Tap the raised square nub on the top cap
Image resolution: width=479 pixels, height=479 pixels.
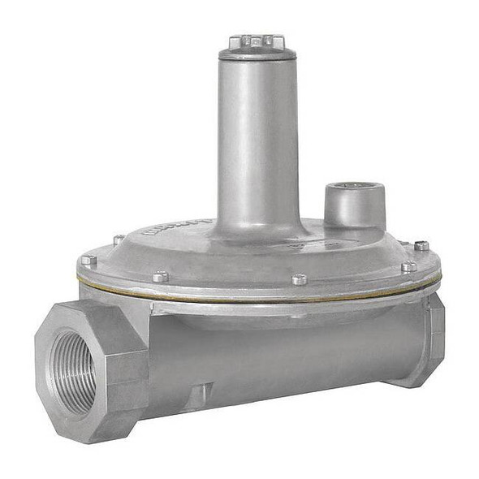[x=257, y=38]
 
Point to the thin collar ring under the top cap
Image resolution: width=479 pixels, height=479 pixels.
[x=257, y=56]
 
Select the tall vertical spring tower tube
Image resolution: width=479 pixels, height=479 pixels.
[x=257, y=138]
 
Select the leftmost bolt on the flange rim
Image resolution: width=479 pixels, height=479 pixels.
[x=88, y=261]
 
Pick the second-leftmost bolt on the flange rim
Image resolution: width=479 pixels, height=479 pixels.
[x=119, y=239]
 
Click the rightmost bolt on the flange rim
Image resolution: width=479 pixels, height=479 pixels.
[x=421, y=245]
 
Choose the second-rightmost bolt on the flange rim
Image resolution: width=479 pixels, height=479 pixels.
[x=408, y=265]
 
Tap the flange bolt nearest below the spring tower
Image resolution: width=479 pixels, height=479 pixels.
[x=300, y=279]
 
